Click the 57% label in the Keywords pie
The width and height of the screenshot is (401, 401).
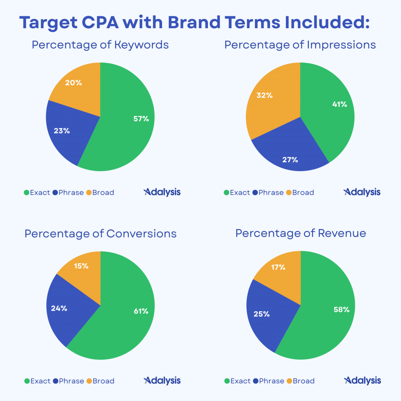click(141, 119)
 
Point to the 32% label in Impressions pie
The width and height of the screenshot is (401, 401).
click(264, 95)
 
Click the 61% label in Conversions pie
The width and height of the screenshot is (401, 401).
click(141, 311)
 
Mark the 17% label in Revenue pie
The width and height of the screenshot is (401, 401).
click(278, 268)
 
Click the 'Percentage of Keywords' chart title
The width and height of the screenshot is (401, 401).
click(100, 45)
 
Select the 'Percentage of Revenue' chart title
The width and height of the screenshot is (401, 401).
click(301, 233)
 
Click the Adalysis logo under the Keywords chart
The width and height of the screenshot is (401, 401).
click(162, 192)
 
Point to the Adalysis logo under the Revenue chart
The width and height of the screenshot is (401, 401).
click(362, 381)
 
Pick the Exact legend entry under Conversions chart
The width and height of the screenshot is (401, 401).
click(38, 381)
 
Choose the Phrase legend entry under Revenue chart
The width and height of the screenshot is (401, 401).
click(269, 381)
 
